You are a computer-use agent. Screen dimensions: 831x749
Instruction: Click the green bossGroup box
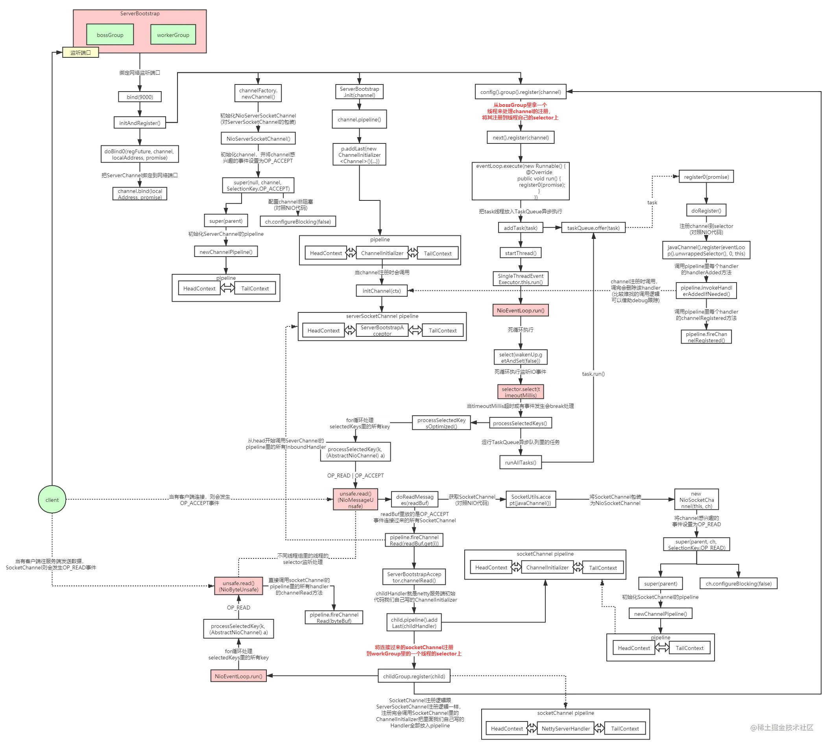click(110, 34)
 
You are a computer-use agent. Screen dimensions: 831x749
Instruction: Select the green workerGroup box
click(173, 35)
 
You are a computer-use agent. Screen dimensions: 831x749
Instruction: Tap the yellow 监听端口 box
click(80, 52)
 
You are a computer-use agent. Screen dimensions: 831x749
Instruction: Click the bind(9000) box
click(140, 97)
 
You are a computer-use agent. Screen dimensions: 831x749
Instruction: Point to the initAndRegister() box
click(140, 123)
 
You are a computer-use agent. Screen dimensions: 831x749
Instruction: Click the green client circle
click(52, 499)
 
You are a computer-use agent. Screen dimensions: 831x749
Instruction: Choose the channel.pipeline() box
click(359, 119)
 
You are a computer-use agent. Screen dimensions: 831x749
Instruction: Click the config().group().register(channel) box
click(520, 92)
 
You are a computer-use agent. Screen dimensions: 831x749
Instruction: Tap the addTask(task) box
click(520, 228)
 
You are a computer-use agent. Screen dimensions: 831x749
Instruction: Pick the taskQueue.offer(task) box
click(593, 228)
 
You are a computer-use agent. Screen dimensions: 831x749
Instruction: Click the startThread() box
click(520, 253)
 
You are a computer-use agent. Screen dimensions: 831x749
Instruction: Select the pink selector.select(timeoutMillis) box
click(520, 392)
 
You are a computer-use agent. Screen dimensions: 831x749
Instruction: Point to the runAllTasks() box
click(520, 462)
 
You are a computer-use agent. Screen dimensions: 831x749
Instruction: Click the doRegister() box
click(706, 210)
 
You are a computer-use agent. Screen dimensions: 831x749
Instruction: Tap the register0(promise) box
click(706, 176)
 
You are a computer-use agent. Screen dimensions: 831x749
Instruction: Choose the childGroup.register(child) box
click(414, 676)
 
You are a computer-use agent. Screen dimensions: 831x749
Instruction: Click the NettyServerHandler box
click(566, 728)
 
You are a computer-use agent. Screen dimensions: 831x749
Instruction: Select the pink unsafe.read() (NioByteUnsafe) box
click(238, 586)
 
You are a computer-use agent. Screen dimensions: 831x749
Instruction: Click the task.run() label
click(593, 374)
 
